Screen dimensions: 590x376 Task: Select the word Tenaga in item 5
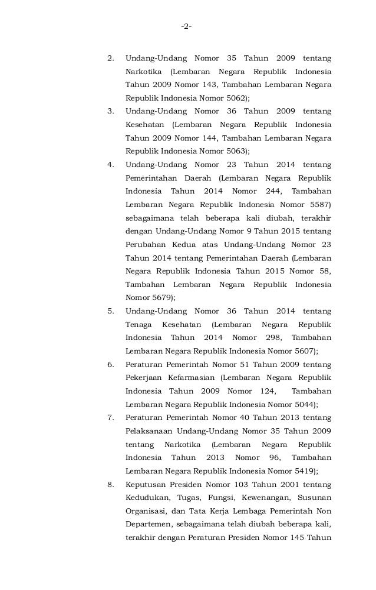click(x=139, y=325)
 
